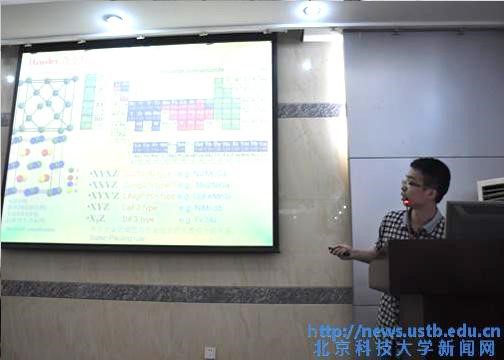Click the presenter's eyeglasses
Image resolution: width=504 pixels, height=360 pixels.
pos(412,184)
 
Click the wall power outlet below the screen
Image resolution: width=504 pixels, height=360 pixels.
pos(209,352)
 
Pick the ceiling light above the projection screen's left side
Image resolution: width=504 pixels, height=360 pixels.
pos(113,17)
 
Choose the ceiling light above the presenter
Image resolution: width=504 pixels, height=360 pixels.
pos(313,9)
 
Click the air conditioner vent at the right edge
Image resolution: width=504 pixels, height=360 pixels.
pos(490,189)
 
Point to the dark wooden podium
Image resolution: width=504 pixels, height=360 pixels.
pos(440,300)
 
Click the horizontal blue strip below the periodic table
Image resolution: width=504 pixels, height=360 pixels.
pos(190,147)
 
